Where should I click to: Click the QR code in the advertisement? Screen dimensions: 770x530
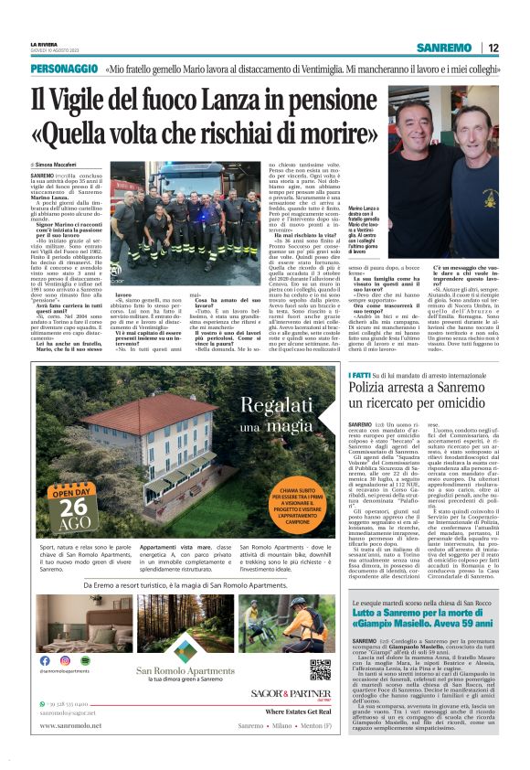(320, 669)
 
